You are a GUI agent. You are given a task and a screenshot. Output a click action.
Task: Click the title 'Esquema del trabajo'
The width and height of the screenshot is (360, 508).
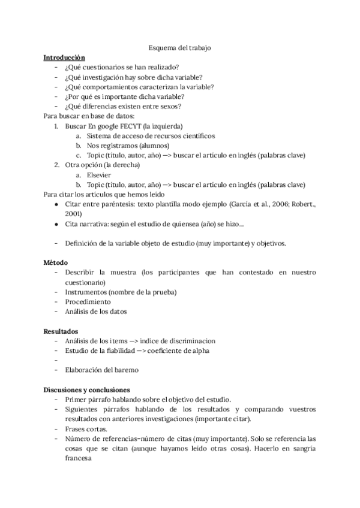[179, 47]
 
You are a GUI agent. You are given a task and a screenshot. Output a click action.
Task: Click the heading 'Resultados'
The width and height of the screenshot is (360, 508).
[60, 331]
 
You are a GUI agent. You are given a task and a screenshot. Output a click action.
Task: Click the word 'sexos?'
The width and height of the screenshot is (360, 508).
[170, 106]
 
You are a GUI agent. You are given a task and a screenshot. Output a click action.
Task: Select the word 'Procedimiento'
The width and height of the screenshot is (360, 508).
[88, 301]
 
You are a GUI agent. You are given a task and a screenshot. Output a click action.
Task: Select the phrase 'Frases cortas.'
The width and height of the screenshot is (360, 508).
[87, 428]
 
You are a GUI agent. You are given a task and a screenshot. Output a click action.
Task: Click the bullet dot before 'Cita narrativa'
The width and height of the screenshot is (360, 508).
[56, 223]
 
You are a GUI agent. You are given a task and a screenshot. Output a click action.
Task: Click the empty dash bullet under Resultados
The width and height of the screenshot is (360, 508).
[56, 360]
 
